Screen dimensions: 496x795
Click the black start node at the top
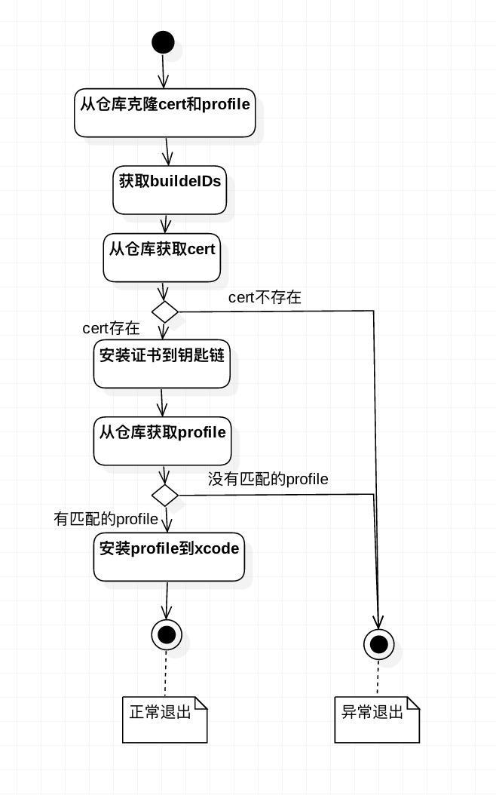click(x=163, y=42)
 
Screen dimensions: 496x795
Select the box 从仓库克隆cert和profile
click(x=164, y=112)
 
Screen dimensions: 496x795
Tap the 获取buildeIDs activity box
click(x=169, y=189)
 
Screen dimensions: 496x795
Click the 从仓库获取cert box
click(x=161, y=257)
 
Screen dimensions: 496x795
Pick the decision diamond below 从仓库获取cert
click(x=164, y=312)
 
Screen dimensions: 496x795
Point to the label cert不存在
click(x=265, y=297)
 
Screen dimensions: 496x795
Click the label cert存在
click(x=111, y=328)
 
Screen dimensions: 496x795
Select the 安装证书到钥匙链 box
click(x=161, y=364)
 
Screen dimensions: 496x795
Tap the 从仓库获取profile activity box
click(x=162, y=441)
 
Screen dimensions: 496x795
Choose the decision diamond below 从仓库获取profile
click(x=164, y=495)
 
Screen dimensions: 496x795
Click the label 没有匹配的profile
click(x=268, y=479)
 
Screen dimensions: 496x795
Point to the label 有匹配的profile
click(x=106, y=519)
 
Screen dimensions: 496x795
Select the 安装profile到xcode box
click(x=169, y=557)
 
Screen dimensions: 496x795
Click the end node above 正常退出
click(x=167, y=634)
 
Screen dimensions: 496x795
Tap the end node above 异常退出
click(x=379, y=644)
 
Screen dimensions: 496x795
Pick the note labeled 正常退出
click(x=164, y=720)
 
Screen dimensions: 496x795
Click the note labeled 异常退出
click(x=377, y=720)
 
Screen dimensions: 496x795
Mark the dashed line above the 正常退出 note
click(x=166, y=674)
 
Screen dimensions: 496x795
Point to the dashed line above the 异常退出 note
click(x=378, y=678)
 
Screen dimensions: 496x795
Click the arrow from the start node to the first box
click(x=163, y=71)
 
